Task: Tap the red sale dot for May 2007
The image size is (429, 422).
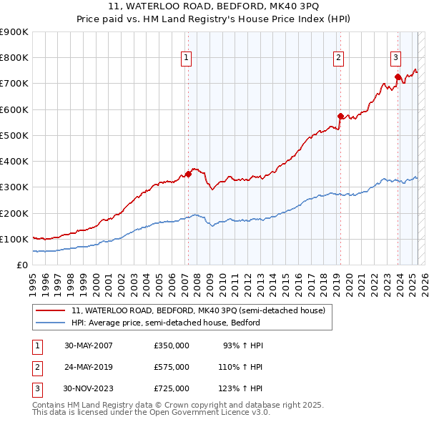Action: [x=189, y=174]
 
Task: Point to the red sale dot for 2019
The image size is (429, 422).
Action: [x=340, y=116]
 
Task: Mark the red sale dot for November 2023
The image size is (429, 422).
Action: [x=398, y=77]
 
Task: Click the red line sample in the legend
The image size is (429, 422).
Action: [x=51, y=310]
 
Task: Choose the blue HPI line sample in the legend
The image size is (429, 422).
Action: [x=51, y=323]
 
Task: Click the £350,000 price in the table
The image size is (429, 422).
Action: [x=171, y=345]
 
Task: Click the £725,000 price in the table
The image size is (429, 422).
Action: [x=171, y=388]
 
